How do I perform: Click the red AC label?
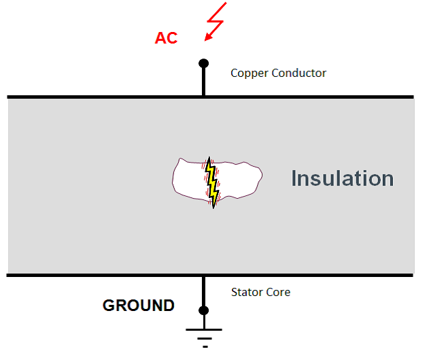point(166,38)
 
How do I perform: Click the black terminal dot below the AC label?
point(203,63)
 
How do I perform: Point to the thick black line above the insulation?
point(102,97)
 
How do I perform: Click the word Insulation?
point(342,178)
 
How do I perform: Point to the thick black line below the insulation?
point(102,275)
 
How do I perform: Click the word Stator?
point(245,292)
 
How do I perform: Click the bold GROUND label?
point(139,306)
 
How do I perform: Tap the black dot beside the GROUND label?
point(203,310)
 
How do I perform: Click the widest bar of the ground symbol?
point(203,330)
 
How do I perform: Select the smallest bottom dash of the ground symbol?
point(203,346)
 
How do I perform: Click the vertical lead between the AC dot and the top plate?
point(203,82)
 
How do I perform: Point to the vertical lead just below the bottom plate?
point(203,289)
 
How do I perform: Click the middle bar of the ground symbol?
point(203,338)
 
